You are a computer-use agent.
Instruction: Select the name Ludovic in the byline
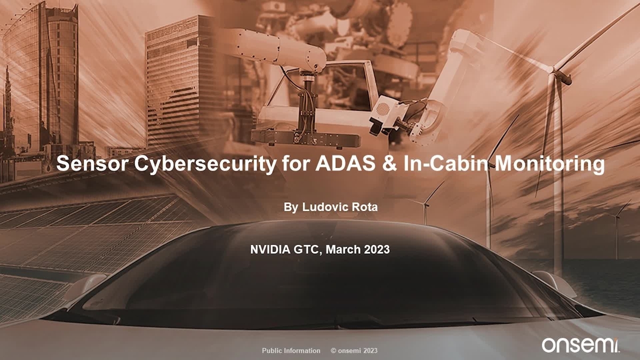pos(321,207)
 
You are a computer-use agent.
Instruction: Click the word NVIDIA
pos(270,249)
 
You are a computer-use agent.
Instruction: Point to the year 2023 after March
pos(377,249)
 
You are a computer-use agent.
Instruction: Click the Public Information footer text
pos(291,350)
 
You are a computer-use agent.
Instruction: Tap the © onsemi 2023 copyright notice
pos(354,350)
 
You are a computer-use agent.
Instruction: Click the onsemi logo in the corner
pos(580,345)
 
